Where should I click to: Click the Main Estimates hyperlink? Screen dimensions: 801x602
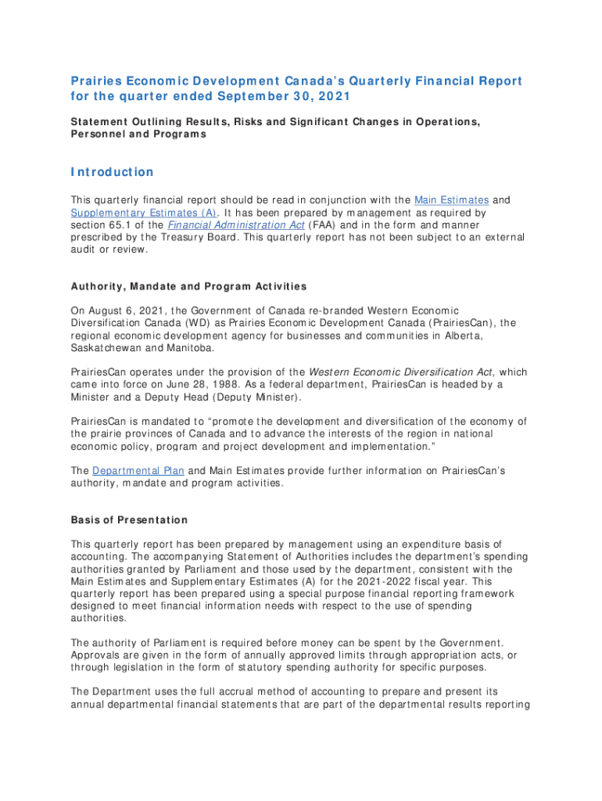click(450, 200)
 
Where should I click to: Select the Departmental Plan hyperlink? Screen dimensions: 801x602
click(138, 470)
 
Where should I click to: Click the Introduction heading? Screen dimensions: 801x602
click(112, 172)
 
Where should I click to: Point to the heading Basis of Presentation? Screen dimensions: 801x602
click(129, 520)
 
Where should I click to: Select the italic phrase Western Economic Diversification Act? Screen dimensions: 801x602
click(406, 372)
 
